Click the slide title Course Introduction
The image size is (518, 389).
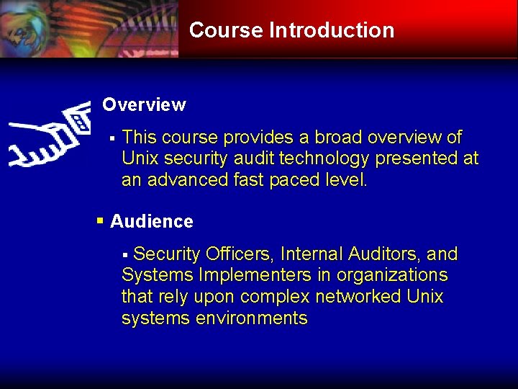[291, 30]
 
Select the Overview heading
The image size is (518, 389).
[144, 105]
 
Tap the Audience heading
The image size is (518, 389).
[152, 222]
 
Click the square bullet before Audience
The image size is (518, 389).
[101, 220]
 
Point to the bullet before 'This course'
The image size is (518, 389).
[112, 138]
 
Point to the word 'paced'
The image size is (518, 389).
[292, 180]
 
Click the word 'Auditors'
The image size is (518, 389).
[384, 254]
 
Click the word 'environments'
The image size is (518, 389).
[251, 318]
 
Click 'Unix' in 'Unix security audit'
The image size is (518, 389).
[138, 158]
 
